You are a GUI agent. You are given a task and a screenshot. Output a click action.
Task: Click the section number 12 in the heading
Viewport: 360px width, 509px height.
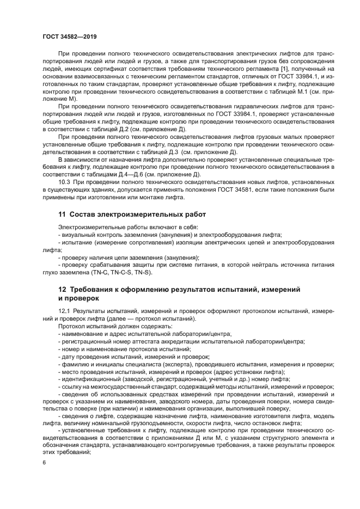point(62,290)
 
